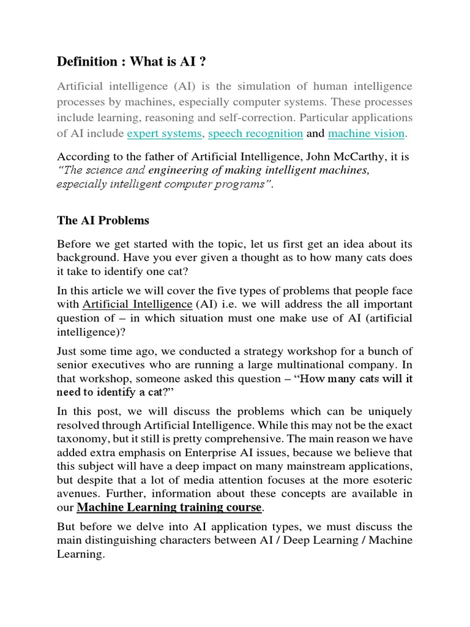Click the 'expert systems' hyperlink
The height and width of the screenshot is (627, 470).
(x=164, y=133)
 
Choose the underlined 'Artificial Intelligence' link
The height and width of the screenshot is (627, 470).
(x=137, y=304)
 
